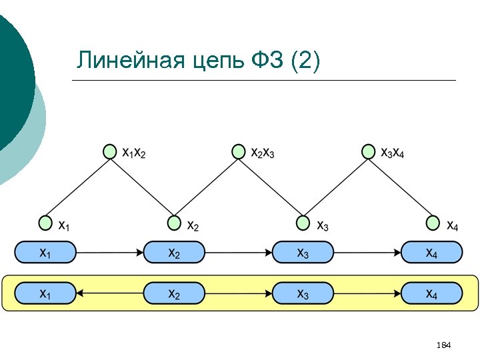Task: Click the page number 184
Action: tap(443, 345)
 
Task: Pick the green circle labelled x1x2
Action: tap(110, 152)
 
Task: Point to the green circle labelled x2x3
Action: tap(239, 152)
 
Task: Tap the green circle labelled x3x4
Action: tap(368, 152)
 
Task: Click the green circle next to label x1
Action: tap(45, 222)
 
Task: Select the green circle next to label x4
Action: tap(433, 222)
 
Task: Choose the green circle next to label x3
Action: tap(303, 222)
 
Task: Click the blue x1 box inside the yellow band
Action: tap(45, 293)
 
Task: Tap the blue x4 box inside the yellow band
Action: tap(431, 293)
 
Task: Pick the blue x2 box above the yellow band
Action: tap(174, 252)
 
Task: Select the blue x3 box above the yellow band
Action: tap(303, 252)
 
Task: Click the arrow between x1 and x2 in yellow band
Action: tap(109, 293)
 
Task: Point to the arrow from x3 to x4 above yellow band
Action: tap(367, 253)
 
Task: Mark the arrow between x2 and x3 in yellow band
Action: tap(239, 293)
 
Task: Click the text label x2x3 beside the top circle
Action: tap(262, 153)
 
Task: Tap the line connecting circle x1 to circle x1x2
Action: tap(77, 187)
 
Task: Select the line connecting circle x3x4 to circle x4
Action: tap(401, 187)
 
